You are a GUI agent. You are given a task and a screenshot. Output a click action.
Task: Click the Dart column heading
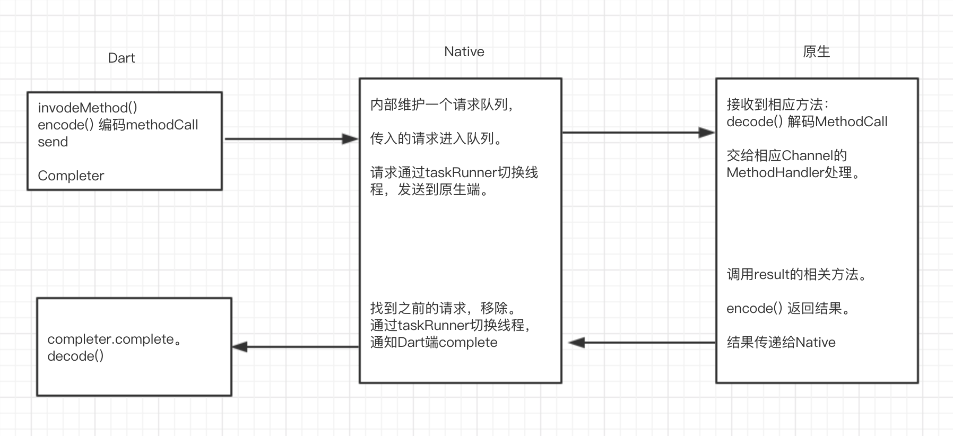click(x=121, y=58)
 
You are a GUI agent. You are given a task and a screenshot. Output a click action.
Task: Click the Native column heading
click(x=464, y=51)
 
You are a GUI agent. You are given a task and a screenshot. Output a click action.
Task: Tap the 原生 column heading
click(x=816, y=51)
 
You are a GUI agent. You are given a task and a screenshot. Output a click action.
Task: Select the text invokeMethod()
click(x=88, y=108)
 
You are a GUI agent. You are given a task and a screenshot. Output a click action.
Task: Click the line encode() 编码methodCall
click(x=118, y=125)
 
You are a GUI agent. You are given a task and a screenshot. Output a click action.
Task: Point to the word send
click(x=53, y=142)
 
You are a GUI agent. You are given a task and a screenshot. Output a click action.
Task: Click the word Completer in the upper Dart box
click(x=71, y=176)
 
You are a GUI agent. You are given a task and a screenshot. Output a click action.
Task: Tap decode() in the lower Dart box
click(x=75, y=356)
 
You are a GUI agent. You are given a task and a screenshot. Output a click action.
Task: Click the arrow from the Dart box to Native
click(x=290, y=139)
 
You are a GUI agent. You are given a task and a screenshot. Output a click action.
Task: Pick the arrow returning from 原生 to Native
click(x=642, y=343)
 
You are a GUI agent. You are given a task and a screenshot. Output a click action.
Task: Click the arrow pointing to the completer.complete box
click(x=295, y=347)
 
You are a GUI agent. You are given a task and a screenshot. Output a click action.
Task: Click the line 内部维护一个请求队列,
click(x=441, y=104)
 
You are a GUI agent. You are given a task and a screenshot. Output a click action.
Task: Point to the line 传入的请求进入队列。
click(x=436, y=138)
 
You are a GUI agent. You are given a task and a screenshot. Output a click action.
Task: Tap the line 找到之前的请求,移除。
click(x=444, y=308)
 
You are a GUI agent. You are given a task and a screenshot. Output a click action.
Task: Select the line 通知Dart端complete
click(x=434, y=342)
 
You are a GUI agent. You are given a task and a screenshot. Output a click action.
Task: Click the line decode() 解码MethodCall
click(x=807, y=121)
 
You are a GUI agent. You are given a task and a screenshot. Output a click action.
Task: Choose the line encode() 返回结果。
click(x=789, y=308)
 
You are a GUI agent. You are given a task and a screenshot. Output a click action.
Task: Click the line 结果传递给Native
click(x=781, y=342)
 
